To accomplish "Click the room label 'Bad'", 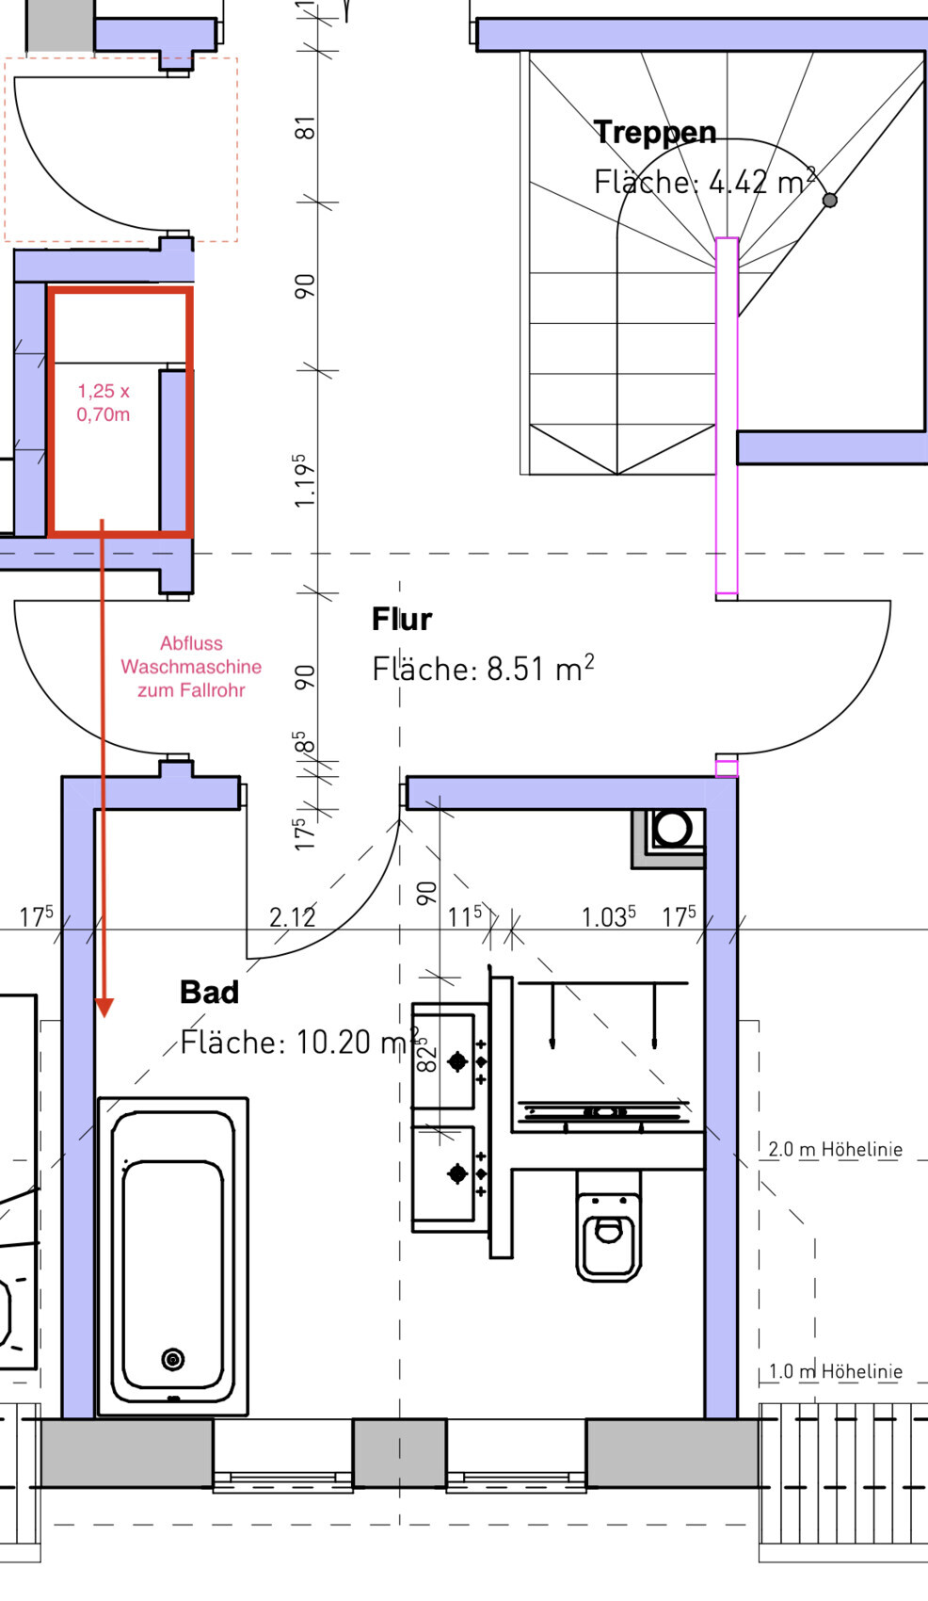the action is (209, 992).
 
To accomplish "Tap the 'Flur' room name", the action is (402, 619).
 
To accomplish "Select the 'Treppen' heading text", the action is (654, 132).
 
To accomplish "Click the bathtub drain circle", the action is (173, 1359).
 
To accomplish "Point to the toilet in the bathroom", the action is (608, 1225).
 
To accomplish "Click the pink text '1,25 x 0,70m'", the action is (104, 402).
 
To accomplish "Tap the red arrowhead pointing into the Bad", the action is (104, 1007).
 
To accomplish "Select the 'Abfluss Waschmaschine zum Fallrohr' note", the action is (191, 667).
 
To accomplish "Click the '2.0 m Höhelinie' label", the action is (835, 1149).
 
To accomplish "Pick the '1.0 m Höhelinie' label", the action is (835, 1371).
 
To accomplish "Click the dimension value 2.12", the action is (292, 917).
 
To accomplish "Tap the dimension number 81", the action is (305, 128).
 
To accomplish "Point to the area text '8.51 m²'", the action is (540, 668).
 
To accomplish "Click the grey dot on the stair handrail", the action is (829, 200).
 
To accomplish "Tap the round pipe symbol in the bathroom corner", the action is (672, 829).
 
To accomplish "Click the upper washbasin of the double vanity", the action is (444, 1057).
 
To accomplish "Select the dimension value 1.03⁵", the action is (609, 917).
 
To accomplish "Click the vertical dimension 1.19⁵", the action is (305, 480).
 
